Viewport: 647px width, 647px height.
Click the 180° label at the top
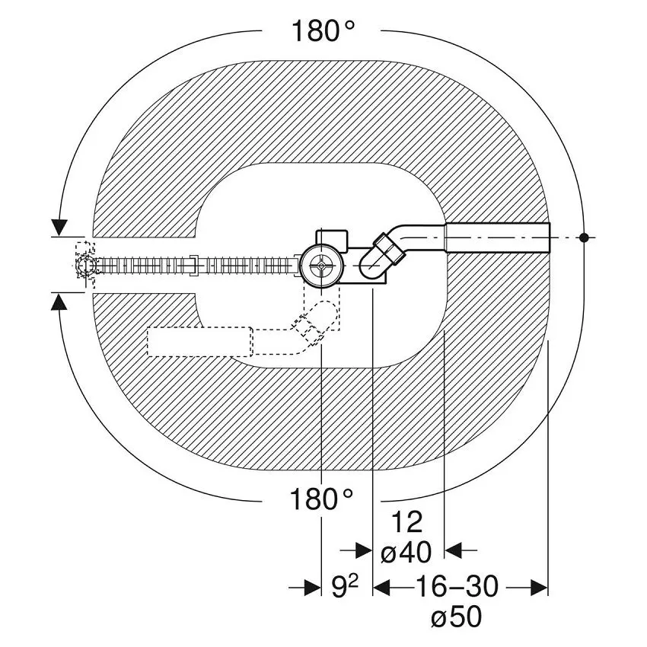click(323, 31)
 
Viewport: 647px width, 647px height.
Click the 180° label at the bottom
click(321, 499)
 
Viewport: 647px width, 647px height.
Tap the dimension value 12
click(406, 522)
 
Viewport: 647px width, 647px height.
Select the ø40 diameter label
click(406, 552)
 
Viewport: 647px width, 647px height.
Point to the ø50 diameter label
click(457, 617)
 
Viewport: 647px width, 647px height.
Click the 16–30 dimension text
click(457, 586)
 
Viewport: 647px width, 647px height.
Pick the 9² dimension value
click(345, 586)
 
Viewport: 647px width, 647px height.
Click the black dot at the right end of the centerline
click(584, 237)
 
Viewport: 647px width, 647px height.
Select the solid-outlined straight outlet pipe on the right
click(497, 238)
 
